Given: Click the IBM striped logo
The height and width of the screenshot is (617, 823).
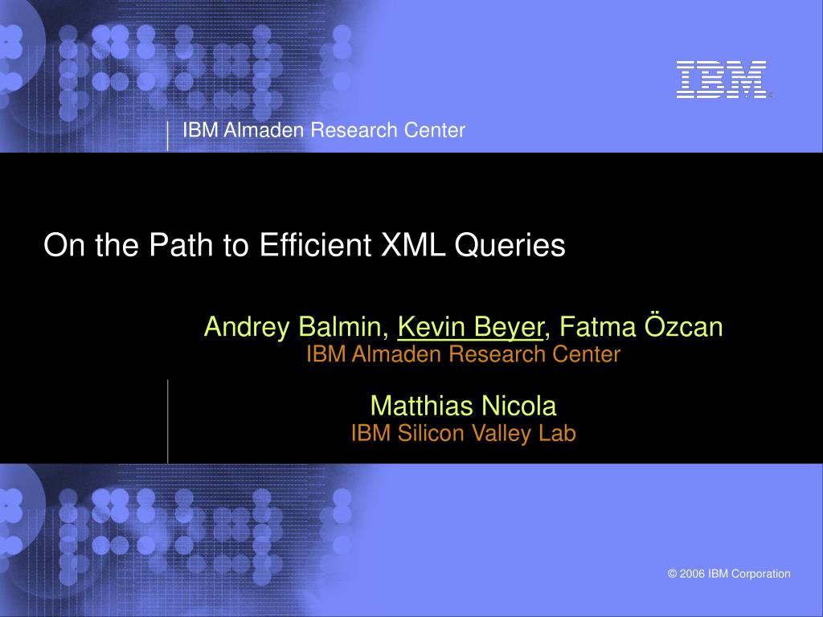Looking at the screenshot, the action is click(721, 80).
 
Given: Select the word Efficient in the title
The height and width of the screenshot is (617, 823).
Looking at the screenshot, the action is click(315, 244).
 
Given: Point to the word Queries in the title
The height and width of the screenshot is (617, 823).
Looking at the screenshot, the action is click(510, 246).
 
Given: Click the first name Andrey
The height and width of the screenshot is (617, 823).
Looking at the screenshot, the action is click(247, 328).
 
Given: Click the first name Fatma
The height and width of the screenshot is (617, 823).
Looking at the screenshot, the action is click(597, 326).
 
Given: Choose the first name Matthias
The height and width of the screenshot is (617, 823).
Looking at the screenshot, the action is click(422, 406).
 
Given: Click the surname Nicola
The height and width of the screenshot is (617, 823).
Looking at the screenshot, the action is click(519, 406).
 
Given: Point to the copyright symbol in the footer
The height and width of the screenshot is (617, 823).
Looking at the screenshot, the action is click(673, 574).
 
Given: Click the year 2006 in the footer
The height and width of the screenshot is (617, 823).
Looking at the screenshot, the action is click(692, 574).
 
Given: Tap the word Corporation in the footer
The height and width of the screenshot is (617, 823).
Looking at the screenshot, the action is click(761, 574).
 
